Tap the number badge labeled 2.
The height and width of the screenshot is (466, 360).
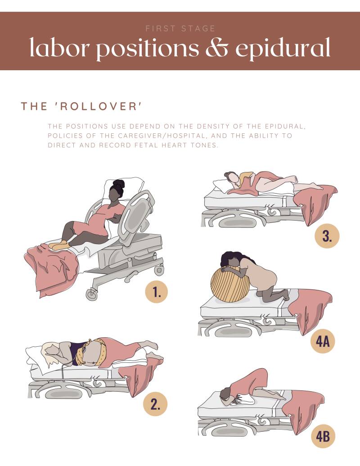pyautogui.click(x=155, y=404)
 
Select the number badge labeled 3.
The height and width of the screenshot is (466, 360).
pyautogui.click(x=327, y=236)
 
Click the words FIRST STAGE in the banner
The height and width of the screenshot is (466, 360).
pyautogui.click(x=180, y=28)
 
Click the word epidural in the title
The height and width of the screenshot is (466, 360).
pyautogui.click(x=283, y=49)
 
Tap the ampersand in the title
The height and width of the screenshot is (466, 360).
pyautogui.click(x=217, y=48)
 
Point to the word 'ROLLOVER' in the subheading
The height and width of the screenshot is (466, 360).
pyautogui.click(x=98, y=106)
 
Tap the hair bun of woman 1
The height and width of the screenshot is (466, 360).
pyautogui.click(x=118, y=184)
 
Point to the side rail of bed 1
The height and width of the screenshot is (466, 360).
pyautogui.click(x=139, y=213)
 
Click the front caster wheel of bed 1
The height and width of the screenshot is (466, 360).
pyautogui.click(x=91, y=294)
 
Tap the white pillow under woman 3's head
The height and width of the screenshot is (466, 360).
pyautogui.click(x=223, y=185)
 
